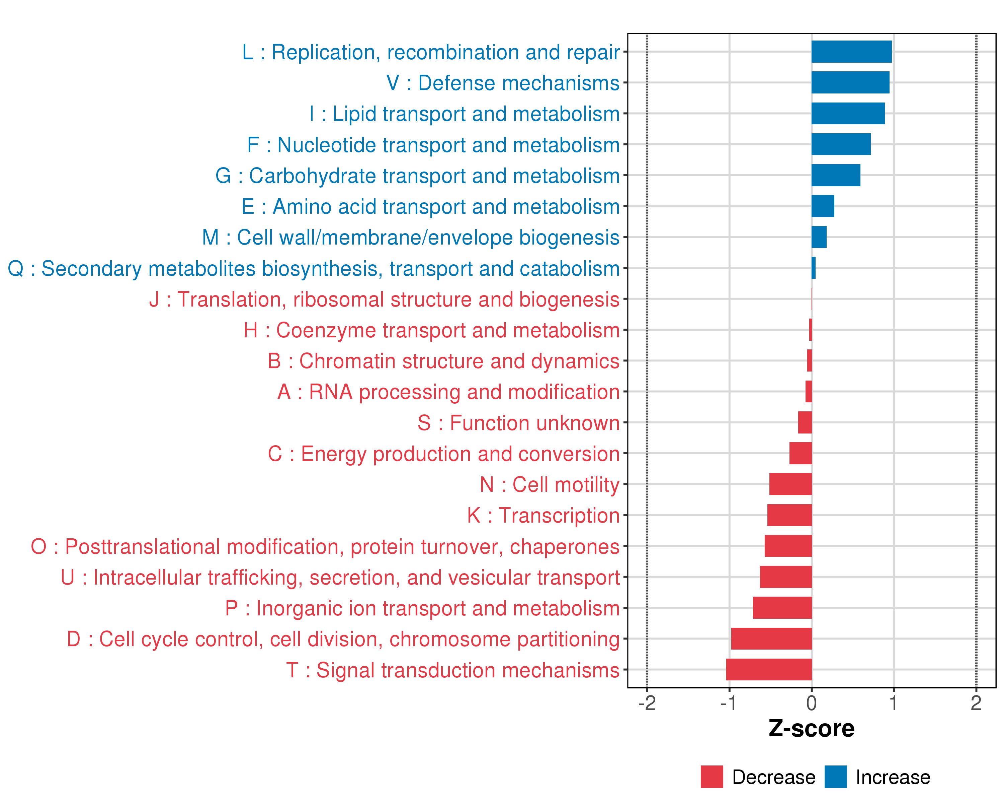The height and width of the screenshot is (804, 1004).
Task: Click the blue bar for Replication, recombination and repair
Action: [x=851, y=52]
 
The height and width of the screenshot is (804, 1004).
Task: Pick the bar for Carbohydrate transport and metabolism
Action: [x=836, y=175]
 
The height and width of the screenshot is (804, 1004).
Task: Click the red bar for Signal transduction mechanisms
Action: [x=769, y=669]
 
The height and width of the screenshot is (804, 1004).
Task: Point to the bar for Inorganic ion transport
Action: [x=782, y=608]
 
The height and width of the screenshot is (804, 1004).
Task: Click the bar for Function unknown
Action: [x=805, y=422]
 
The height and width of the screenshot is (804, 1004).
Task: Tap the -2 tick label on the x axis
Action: [x=647, y=703]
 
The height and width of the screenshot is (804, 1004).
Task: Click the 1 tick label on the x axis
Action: [x=893, y=703]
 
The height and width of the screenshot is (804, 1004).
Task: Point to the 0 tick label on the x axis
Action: [x=812, y=703]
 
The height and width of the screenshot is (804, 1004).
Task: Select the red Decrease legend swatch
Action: [x=712, y=777]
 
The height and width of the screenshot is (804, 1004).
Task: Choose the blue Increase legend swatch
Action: [x=835, y=777]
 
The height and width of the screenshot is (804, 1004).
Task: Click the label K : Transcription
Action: [x=543, y=516]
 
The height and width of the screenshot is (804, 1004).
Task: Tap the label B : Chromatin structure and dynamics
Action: [x=443, y=361]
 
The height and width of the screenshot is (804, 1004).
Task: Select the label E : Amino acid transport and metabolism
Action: [x=430, y=206]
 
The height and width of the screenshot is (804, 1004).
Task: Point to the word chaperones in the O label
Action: [x=564, y=547]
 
